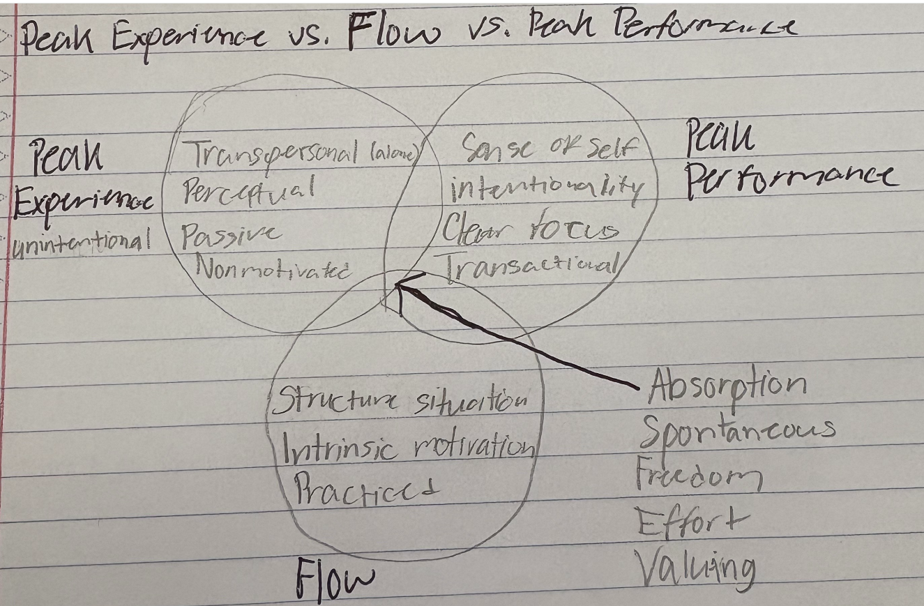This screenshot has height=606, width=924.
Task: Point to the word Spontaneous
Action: pyautogui.click(x=736, y=430)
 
